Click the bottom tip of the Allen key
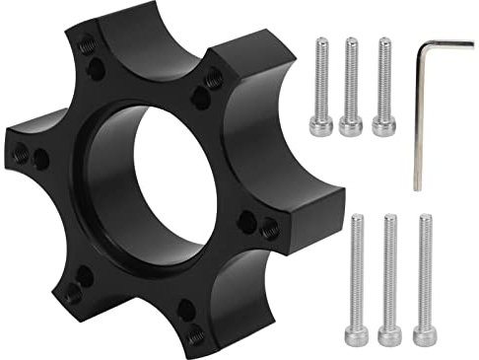(417, 186)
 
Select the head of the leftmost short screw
(320, 126)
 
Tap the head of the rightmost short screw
(384, 125)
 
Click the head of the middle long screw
(390, 336)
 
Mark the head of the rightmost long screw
(425, 335)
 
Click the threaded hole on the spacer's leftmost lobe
(22, 153)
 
